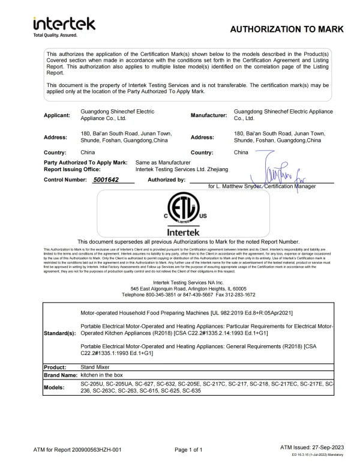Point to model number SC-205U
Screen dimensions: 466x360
[93, 383]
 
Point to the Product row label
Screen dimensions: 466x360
[57, 365]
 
